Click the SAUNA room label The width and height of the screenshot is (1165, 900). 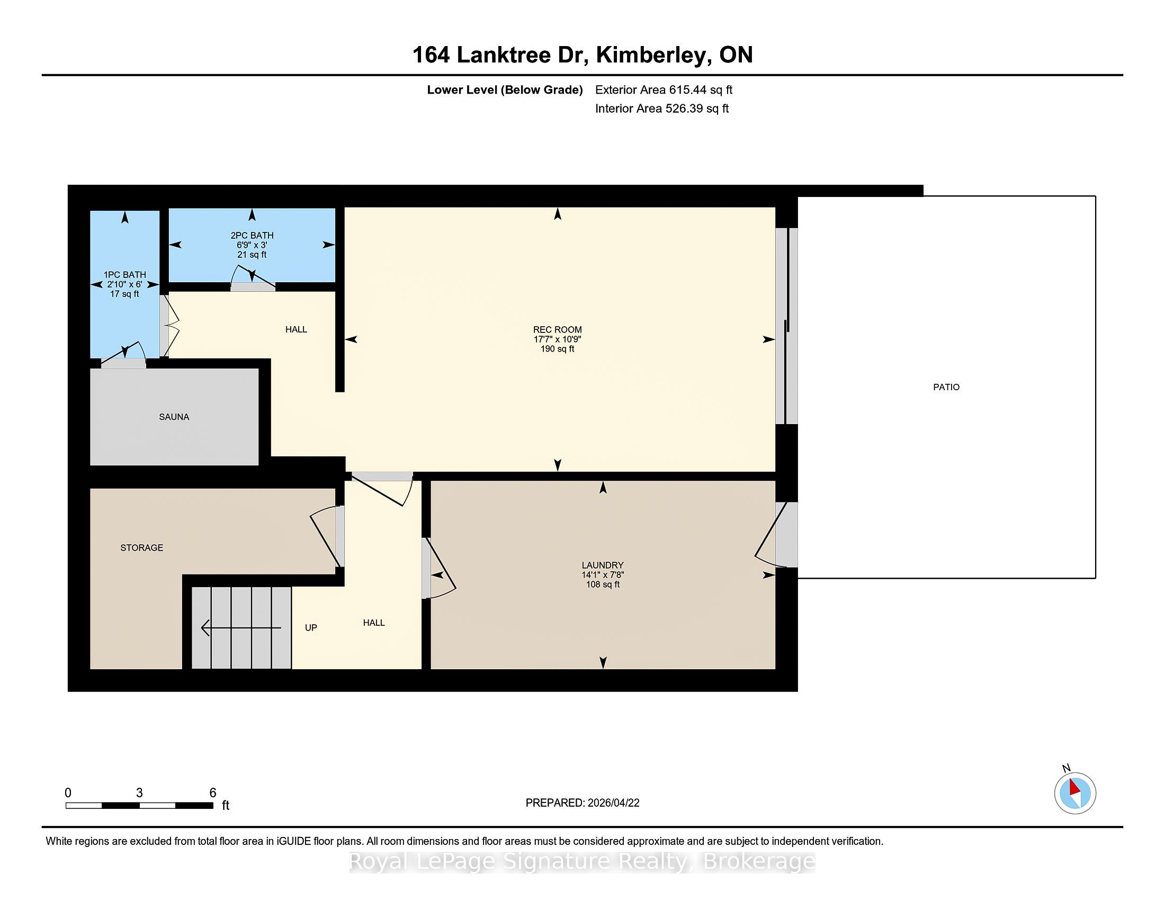(x=174, y=417)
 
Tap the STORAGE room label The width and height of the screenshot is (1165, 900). (x=142, y=547)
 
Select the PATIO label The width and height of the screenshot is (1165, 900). (x=946, y=387)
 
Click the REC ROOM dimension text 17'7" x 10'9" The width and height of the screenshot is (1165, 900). (x=558, y=339)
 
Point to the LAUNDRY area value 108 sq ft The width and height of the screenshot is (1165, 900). (x=603, y=584)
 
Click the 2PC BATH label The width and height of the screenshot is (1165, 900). (x=252, y=235)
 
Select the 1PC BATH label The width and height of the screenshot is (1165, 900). (x=125, y=275)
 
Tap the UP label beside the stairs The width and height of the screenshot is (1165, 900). (x=311, y=627)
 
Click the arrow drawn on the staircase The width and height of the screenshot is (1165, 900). (x=241, y=628)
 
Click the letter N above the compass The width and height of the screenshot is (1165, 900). (x=1067, y=768)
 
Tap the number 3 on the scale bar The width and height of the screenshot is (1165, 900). (x=139, y=793)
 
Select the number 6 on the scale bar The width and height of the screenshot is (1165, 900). (x=213, y=793)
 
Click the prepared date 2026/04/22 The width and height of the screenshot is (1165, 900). (x=613, y=803)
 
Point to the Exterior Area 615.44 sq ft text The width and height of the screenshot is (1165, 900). (x=664, y=89)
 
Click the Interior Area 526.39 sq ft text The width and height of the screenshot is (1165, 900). (x=662, y=108)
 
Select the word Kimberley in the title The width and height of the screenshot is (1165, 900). (x=653, y=56)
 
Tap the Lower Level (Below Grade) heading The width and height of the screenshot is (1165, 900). (x=505, y=89)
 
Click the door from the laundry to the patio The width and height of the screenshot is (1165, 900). (x=776, y=535)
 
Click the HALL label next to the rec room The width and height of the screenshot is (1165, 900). (x=296, y=329)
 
